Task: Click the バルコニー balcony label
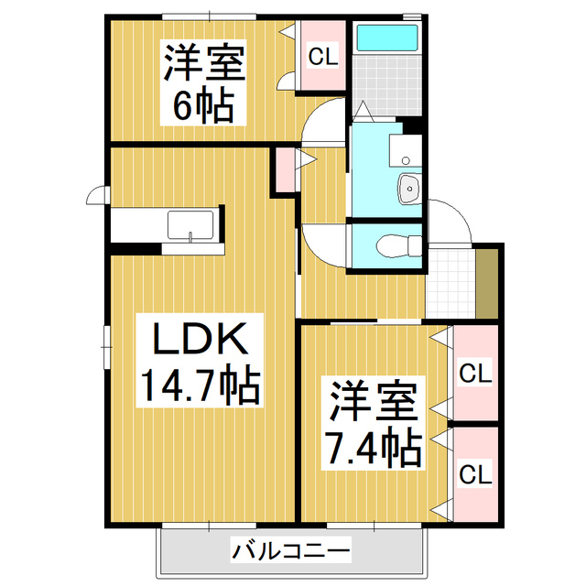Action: [x=290, y=551]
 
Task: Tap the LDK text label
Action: [x=200, y=341]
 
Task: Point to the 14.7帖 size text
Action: [x=200, y=385]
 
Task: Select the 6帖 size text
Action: [x=204, y=106]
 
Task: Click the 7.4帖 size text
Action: [x=374, y=447]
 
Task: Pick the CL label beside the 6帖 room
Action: [x=322, y=57]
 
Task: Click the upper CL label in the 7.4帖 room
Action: [x=475, y=374]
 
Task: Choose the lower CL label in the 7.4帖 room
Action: [x=475, y=474]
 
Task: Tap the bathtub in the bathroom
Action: [x=386, y=38]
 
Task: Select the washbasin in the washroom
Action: [x=408, y=190]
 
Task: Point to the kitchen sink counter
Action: [x=190, y=225]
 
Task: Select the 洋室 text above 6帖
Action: [x=204, y=64]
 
